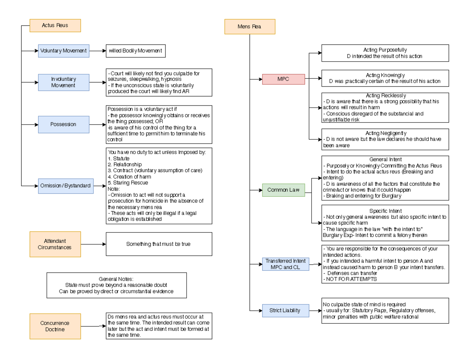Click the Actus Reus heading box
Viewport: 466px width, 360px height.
click(55, 26)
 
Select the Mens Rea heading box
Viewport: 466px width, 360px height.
click(250, 27)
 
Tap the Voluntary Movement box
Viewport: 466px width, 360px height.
click(64, 51)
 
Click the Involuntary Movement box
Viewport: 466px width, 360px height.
click(64, 82)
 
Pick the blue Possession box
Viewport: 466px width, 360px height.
click(64, 125)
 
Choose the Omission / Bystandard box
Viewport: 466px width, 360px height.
click(66, 186)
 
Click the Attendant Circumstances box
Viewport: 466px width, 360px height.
click(55, 244)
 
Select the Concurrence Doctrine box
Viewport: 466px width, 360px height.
click(55, 326)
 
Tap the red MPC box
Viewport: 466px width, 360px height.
click(283, 79)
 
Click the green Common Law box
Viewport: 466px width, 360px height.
click(283, 190)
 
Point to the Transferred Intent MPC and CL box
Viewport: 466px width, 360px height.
click(285, 264)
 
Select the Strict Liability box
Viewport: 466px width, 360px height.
click(285, 310)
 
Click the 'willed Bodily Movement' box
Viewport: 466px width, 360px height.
click(136, 51)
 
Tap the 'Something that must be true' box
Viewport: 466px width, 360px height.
click(158, 244)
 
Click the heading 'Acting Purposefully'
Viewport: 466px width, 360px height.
click(385, 50)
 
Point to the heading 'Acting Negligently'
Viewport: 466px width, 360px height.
click(385, 133)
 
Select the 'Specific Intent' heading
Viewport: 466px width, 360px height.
click(385, 211)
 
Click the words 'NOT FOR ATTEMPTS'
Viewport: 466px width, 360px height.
click(351, 279)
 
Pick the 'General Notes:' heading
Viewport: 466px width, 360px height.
click(116, 279)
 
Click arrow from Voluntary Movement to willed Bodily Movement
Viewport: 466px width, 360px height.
click(97, 51)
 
